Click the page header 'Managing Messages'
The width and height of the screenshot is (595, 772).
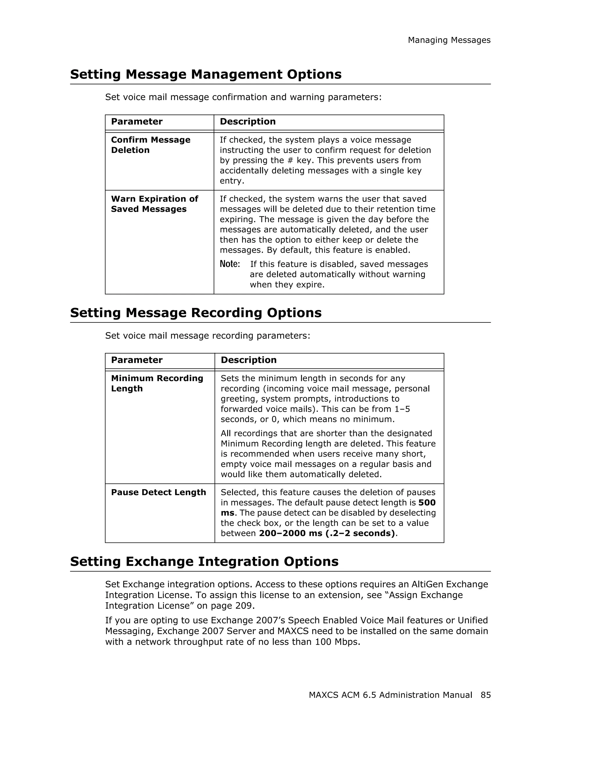click(x=449, y=40)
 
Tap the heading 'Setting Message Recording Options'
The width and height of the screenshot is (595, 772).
click(x=196, y=313)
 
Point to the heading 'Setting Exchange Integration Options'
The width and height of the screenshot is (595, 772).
click(x=204, y=561)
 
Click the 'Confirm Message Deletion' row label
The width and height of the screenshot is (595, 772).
click(x=150, y=145)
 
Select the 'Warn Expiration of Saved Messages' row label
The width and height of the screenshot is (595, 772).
click(x=154, y=204)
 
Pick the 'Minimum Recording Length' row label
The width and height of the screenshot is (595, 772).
click(x=157, y=383)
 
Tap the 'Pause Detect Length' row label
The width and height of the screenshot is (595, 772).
click(x=158, y=492)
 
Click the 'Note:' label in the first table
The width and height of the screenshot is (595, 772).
click(x=230, y=264)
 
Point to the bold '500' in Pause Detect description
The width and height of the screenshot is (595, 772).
click(x=427, y=503)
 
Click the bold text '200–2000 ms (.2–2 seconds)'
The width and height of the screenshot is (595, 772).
click(x=327, y=533)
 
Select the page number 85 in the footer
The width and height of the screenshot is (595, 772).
click(x=485, y=695)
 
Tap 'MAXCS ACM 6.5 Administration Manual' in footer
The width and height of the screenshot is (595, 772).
click(x=390, y=695)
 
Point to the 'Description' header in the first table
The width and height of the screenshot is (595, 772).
click(x=248, y=122)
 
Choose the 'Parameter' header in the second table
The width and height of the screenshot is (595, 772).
click(x=137, y=360)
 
